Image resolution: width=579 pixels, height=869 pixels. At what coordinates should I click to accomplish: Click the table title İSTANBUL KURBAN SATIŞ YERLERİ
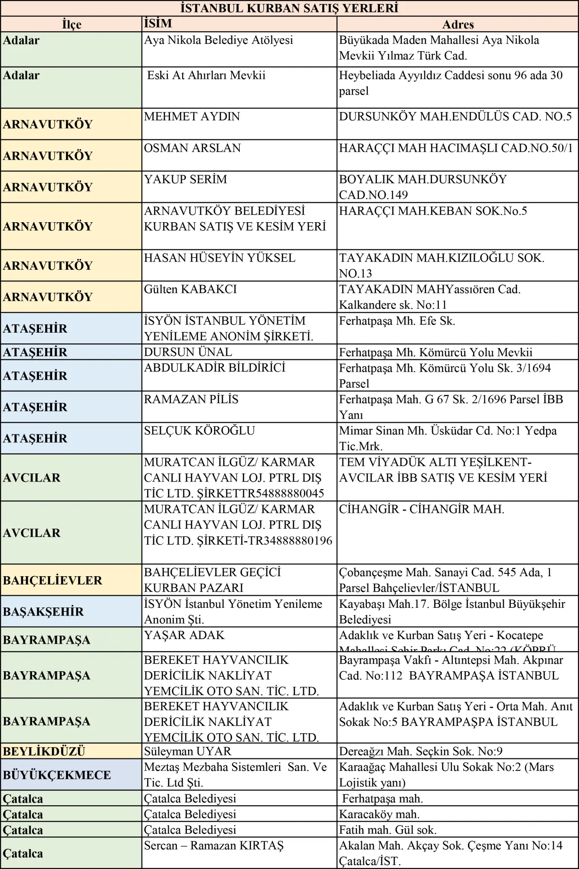(x=289, y=8)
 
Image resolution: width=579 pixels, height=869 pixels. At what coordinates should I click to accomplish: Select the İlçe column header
(x=71, y=24)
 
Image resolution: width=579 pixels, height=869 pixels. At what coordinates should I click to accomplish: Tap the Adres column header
(x=458, y=24)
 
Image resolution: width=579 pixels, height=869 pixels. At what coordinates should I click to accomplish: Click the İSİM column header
(x=158, y=24)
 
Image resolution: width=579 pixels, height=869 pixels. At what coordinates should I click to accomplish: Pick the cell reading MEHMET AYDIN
(x=192, y=117)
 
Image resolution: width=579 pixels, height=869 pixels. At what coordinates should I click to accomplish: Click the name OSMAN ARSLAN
(x=192, y=148)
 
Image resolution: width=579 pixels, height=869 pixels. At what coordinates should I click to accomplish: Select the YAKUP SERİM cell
(x=185, y=179)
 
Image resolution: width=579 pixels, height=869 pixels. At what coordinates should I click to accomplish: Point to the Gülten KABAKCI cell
(x=190, y=289)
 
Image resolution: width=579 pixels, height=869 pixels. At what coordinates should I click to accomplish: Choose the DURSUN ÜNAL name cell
(x=188, y=352)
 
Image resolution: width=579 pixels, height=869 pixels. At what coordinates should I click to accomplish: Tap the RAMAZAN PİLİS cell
(x=191, y=399)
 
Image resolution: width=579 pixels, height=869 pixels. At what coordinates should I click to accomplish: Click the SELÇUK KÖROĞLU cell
(x=199, y=430)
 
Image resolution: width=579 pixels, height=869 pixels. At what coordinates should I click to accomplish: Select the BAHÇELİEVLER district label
(x=52, y=580)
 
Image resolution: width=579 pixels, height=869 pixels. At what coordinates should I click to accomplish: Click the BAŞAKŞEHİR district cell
(x=43, y=611)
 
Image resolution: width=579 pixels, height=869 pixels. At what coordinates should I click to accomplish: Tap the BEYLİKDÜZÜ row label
(x=44, y=751)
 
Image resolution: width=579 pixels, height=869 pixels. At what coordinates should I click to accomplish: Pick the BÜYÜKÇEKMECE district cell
(x=57, y=775)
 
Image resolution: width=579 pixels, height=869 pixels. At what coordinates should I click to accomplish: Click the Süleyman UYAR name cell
(x=188, y=751)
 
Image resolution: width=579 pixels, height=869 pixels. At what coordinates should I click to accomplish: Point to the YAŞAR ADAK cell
(x=184, y=635)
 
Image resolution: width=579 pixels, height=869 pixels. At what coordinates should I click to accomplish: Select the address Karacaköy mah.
(x=380, y=814)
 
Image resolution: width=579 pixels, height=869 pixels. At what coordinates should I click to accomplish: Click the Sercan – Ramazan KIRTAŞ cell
(x=214, y=845)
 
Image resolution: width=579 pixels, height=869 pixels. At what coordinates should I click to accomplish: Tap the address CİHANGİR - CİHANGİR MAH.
(x=422, y=509)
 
